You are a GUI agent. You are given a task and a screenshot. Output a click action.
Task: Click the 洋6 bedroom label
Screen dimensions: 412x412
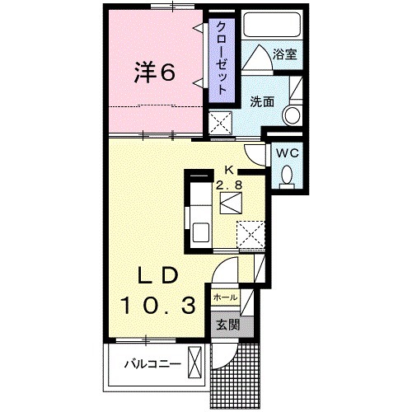pos(155,73)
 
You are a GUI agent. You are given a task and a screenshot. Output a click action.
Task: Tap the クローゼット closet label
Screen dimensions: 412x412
pos(222,56)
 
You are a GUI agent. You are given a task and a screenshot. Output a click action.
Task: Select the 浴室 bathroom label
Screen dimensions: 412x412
pos(286,56)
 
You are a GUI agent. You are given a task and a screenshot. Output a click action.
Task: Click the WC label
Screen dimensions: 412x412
pos(286,153)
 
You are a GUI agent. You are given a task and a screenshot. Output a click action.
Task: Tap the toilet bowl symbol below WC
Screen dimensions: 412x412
pos(286,176)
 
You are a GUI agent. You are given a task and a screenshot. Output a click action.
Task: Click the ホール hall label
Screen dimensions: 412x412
pos(225,297)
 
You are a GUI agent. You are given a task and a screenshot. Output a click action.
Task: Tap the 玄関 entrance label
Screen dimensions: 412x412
pos(227,325)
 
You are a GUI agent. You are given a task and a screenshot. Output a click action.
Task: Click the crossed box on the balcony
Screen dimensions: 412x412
pos(196,362)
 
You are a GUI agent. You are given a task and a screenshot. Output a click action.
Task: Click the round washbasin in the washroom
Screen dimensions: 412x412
pos(292,115)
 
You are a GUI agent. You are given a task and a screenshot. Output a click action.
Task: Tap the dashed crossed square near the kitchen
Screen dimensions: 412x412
pos(250,234)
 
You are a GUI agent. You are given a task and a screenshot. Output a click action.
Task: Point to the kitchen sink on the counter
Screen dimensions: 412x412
pos(201,232)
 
